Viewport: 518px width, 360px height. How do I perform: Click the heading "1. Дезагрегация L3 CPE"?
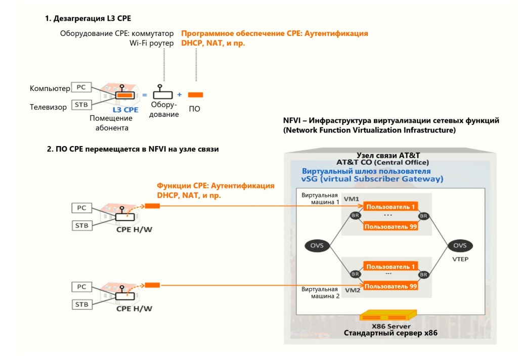(x=88, y=18)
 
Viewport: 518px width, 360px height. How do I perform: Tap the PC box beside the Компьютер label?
(x=81, y=87)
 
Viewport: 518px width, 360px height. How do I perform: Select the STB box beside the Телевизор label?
(x=81, y=105)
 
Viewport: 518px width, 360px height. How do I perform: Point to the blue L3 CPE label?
(x=125, y=109)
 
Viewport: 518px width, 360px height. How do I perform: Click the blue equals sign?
(x=144, y=95)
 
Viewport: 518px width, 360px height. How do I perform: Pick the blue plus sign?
(x=179, y=95)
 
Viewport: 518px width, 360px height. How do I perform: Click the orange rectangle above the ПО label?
(x=195, y=95)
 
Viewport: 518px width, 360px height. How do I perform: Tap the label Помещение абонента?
(x=111, y=123)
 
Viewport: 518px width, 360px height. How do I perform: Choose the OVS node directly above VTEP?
(x=459, y=246)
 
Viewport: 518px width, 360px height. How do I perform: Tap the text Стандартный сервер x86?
(x=391, y=333)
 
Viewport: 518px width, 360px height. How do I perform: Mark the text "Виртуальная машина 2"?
(x=320, y=293)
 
